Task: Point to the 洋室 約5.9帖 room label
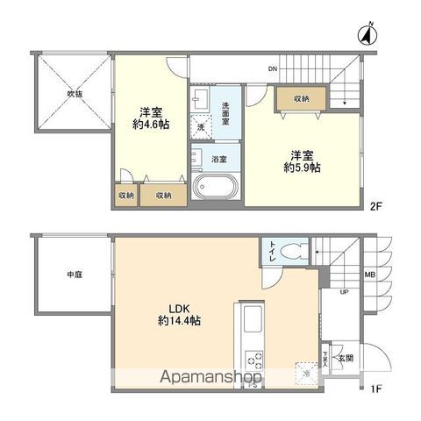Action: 301,163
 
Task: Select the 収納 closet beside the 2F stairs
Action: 300,99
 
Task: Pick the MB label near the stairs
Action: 369,275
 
